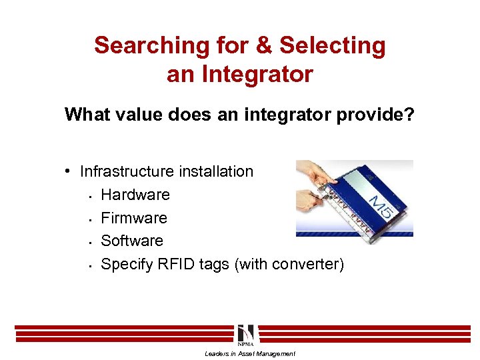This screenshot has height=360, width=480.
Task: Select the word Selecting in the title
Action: pyautogui.click(x=333, y=46)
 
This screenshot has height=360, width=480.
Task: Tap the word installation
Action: pyautogui.click(x=217, y=171)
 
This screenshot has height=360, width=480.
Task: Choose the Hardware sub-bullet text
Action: pyautogui.click(x=135, y=195)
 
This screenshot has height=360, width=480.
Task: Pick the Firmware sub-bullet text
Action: pyautogui.click(x=134, y=218)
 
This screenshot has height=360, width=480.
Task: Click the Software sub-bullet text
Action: pyautogui.click(x=132, y=241)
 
